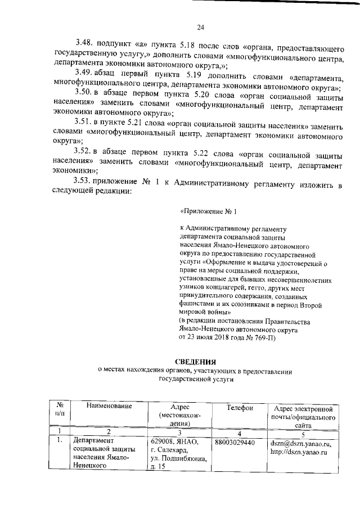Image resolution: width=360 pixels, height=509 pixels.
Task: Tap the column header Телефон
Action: coord(240,406)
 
